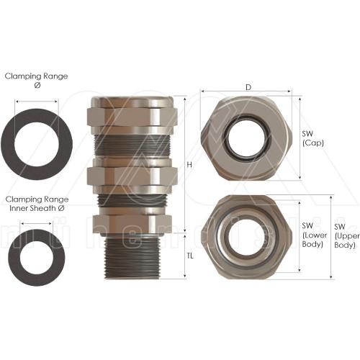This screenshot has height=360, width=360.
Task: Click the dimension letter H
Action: pyautogui.click(x=189, y=165)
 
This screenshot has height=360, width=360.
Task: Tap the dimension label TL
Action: pyautogui.click(x=190, y=256)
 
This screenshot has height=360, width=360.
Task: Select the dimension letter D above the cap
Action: pyautogui.click(x=248, y=87)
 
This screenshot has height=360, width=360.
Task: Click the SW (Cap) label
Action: pyautogui.click(x=314, y=137)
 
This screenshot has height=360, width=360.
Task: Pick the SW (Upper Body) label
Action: pyautogui.click(x=345, y=235)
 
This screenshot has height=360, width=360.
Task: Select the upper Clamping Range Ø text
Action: pyautogui.click(x=36, y=79)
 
